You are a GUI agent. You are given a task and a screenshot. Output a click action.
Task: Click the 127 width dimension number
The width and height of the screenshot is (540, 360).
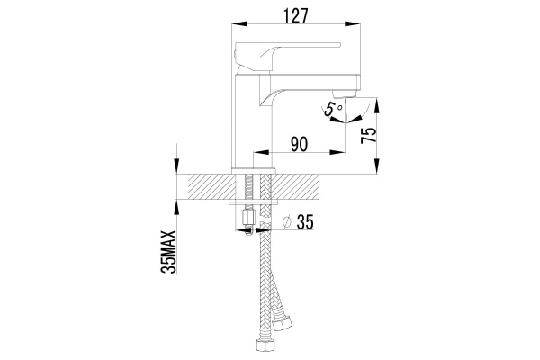[295, 15]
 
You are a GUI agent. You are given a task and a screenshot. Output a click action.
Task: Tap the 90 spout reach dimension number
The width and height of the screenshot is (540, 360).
[299, 144]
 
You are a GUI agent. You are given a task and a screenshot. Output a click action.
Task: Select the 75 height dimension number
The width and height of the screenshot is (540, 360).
[369, 135]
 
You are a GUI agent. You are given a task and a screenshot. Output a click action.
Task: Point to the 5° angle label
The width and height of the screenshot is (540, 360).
[333, 109]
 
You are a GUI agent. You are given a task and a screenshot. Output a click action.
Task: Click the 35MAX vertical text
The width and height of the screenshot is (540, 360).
[168, 252]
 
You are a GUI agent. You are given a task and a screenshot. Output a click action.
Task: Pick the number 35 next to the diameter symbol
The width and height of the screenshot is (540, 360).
[305, 222]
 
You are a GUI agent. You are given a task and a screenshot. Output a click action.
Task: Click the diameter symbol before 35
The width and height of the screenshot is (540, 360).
[287, 222]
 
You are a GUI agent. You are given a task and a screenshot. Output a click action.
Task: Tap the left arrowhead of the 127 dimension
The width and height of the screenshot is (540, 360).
[239, 23]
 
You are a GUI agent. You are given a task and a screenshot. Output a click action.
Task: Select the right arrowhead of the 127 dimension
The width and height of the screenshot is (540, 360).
[352, 23]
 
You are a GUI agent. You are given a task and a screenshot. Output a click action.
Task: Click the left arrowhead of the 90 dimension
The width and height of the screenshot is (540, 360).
[261, 152]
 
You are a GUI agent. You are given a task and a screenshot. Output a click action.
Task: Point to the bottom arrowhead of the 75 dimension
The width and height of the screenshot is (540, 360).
[377, 166]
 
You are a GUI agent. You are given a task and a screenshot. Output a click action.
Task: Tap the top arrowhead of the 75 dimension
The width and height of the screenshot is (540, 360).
[377, 106]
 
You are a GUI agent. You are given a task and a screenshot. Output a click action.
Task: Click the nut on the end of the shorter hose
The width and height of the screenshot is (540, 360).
[282, 321]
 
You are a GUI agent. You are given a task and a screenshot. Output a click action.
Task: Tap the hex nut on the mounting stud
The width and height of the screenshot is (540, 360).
[248, 217]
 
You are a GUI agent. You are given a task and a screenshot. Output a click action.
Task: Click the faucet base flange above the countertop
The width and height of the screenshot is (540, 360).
[254, 171]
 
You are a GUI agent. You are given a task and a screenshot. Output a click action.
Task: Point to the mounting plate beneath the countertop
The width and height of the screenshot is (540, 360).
[254, 202]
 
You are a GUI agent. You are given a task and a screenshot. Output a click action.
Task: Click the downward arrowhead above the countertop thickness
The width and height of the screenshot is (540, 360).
[176, 166]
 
